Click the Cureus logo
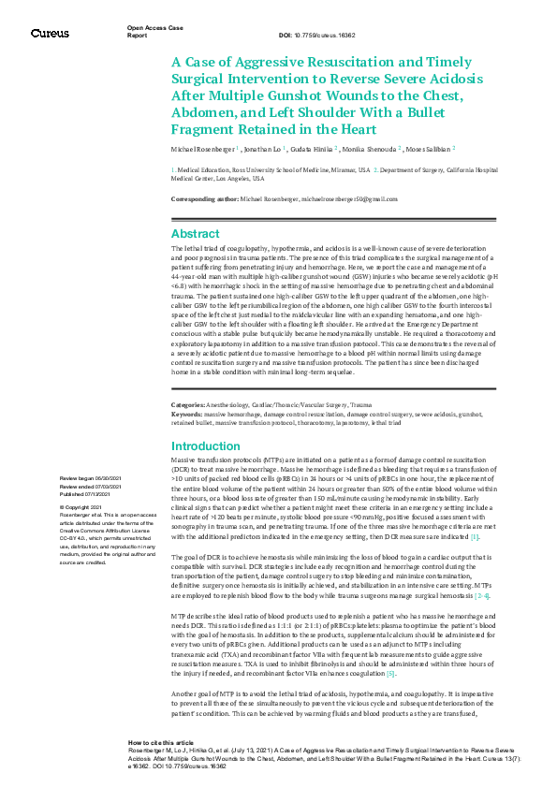point(50,33)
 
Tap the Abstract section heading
point(196,234)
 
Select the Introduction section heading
point(206,446)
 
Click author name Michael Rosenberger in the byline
point(204,149)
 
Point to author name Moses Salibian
point(430,149)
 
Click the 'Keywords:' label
point(186,413)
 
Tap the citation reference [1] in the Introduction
point(475,536)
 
